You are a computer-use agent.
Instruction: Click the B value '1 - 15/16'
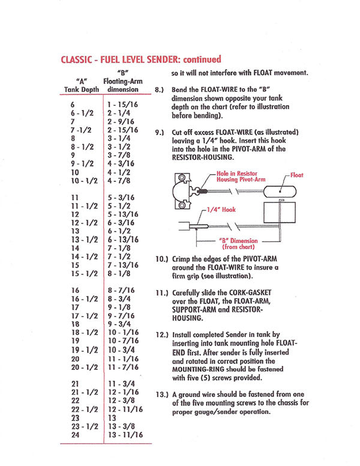[122, 104]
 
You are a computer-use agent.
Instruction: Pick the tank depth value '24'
[76, 434]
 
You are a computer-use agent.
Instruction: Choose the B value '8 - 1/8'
[120, 274]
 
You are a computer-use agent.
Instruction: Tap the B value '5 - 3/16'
[122, 197]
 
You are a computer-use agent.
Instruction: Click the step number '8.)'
[160, 89]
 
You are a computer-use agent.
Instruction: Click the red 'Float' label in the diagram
[296, 175]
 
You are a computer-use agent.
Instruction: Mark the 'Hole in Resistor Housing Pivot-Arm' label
[240, 176]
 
